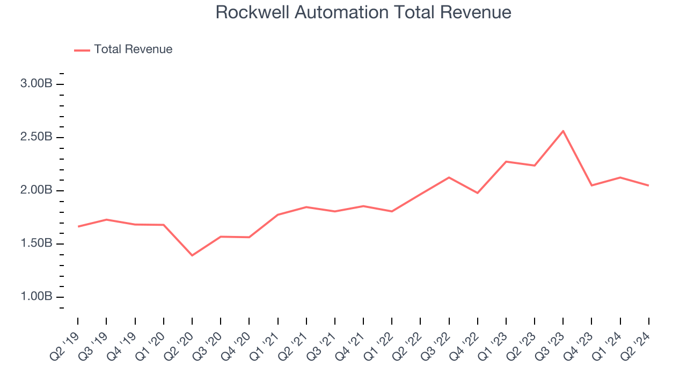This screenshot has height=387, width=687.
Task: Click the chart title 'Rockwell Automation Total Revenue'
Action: pyautogui.click(x=363, y=12)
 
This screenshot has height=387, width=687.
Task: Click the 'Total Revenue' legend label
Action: pyautogui.click(x=133, y=49)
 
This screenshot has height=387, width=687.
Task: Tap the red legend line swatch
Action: pyautogui.click(x=82, y=50)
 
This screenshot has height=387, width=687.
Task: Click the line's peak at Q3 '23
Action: pyautogui.click(x=563, y=131)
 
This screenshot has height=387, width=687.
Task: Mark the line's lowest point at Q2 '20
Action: pyautogui.click(x=192, y=255)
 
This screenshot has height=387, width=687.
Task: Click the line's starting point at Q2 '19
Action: pyautogui.click(x=78, y=226)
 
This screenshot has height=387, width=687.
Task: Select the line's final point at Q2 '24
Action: pyautogui.click(x=648, y=185)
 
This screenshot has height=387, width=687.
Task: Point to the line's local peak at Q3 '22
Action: pyautogui.click(x=449, y=177)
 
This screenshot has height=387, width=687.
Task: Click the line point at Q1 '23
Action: pyautogui.click(x=506, y=161)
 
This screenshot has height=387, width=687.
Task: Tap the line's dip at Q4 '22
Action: pyautogui.click(x=477, y=193)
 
